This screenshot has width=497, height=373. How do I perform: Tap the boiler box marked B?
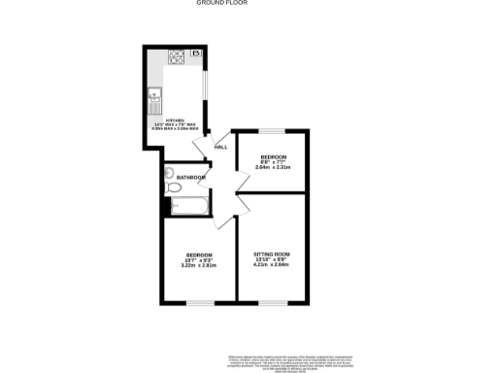pyautogui.click(x=195, y=52)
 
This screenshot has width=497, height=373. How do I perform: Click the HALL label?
pyautogui.click(x=220, y=147)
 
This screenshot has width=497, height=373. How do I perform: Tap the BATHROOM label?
pyautogui.click(x=191, y=177)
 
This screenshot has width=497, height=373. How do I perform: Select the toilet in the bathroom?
pyautogui.click(x=169, y=174)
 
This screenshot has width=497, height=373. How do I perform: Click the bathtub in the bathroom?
pyautogui.click(x=185, y=206)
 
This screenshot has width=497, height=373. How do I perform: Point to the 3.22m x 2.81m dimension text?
pyautogui.click(x=198, y=264)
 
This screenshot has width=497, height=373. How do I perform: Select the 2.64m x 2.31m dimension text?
pyautogui.click(x=273, y=168)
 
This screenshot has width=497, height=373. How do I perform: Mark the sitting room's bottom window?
pyautogui.click(x=273, y=302)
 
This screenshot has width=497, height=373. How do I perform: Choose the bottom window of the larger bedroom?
pyautogui.click(x=200, y=302)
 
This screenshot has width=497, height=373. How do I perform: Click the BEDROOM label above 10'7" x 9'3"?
pyautogui.click(x=198, y=253)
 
